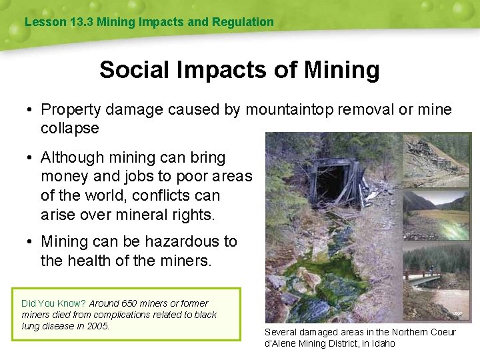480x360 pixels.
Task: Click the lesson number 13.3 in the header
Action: [x=81, y=22]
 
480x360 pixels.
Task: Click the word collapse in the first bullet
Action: [x=69, y=128]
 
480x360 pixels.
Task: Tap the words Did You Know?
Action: [x=54, y=303]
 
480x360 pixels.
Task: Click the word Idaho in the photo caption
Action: [x=381, y=343]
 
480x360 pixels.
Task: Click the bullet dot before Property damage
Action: [x=31, y=110]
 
